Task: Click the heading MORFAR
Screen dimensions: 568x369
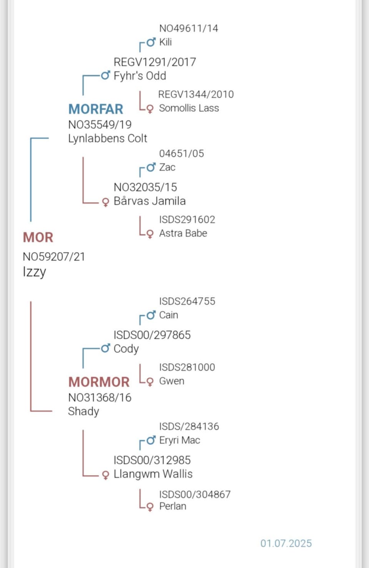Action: [x=96, y=109]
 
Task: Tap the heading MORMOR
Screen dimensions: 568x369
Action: [x=99, y=382]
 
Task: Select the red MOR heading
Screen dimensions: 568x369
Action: [x=38, y=237]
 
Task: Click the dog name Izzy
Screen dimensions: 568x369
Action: [x=34, y=272]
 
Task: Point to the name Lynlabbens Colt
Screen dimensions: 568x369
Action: [x=108, y=138]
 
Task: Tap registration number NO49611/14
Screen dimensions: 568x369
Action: [x=188, y=28]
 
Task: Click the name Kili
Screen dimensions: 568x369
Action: [x=165, y=42]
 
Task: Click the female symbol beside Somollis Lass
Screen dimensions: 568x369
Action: [x=150, y=109]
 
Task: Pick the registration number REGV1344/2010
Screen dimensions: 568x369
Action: [x=196, y=94]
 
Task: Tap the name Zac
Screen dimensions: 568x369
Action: [x=167, y=167]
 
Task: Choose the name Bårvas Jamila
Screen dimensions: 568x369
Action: [x=150, y=201]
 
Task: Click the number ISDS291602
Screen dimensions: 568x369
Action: [x=187, y=219]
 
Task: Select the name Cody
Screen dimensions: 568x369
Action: [x=126, y=349]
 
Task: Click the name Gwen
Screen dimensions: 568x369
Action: [x=171, y=381]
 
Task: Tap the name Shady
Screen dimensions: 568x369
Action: [x=83, y=411]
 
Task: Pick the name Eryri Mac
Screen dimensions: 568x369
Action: [x=180, y=440]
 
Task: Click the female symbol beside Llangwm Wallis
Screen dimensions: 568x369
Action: [x=106, y=475]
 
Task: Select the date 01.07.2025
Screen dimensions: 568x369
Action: [x=286, y=543]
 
